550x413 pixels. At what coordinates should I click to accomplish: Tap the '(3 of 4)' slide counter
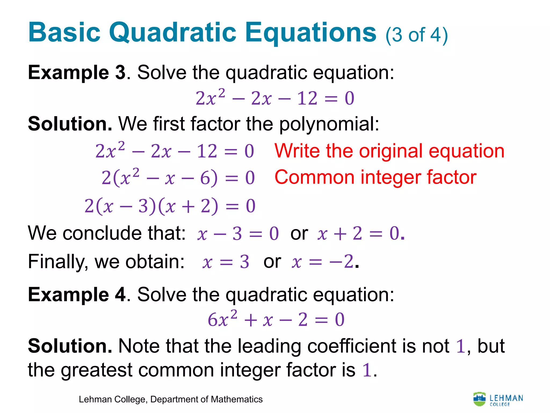point(417,35)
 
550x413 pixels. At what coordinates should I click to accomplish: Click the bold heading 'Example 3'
point(77,73)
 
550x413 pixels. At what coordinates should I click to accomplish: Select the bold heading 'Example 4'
point(77,295)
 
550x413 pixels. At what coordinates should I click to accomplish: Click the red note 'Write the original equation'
point(389,151)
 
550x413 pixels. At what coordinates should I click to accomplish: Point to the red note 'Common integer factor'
point(375,177)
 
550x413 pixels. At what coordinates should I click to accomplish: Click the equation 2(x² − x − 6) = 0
point(178,178)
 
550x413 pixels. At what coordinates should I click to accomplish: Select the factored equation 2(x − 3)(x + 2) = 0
point(170,206)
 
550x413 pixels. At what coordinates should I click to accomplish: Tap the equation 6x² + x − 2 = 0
point(276,320)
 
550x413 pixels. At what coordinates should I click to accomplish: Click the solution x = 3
point(226,262)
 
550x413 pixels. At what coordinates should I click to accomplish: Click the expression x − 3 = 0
point(238,233)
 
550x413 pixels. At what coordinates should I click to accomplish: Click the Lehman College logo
point(498,400)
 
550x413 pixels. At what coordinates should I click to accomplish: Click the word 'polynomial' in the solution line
point(329,124)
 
